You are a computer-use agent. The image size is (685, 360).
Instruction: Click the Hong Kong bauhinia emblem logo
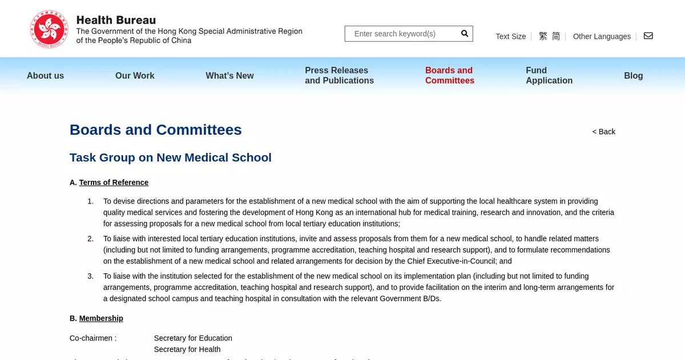point(49,29)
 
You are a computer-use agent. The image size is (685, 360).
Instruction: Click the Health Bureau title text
point(116,21)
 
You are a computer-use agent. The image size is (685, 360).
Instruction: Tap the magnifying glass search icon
point(465,34)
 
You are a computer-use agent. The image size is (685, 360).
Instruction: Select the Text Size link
point(510,37)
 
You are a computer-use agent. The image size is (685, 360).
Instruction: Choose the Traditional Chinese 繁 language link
point(543,36)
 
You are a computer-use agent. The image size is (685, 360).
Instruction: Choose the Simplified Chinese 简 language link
point(556,36)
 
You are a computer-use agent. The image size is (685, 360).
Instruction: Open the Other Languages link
point(602,37)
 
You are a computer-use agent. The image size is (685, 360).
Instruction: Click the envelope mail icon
point(648,36)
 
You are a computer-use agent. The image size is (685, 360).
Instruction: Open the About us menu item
point(45,75)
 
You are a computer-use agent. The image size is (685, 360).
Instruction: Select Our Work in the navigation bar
point(135,75)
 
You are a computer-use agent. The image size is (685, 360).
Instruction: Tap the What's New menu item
point(229,75)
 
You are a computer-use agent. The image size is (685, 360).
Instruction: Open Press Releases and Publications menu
point(339,75)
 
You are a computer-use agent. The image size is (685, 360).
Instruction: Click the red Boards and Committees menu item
point(449,75)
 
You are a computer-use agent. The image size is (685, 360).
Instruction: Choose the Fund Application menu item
point(549,75)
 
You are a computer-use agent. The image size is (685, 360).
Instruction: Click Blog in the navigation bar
point(633,75)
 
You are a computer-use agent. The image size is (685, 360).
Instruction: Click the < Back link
point(603,132)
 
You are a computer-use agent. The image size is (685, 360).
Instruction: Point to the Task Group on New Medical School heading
point(170,157)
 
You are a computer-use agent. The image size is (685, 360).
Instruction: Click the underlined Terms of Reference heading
point(114,183)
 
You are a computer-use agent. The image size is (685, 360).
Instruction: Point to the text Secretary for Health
point(187,349)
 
